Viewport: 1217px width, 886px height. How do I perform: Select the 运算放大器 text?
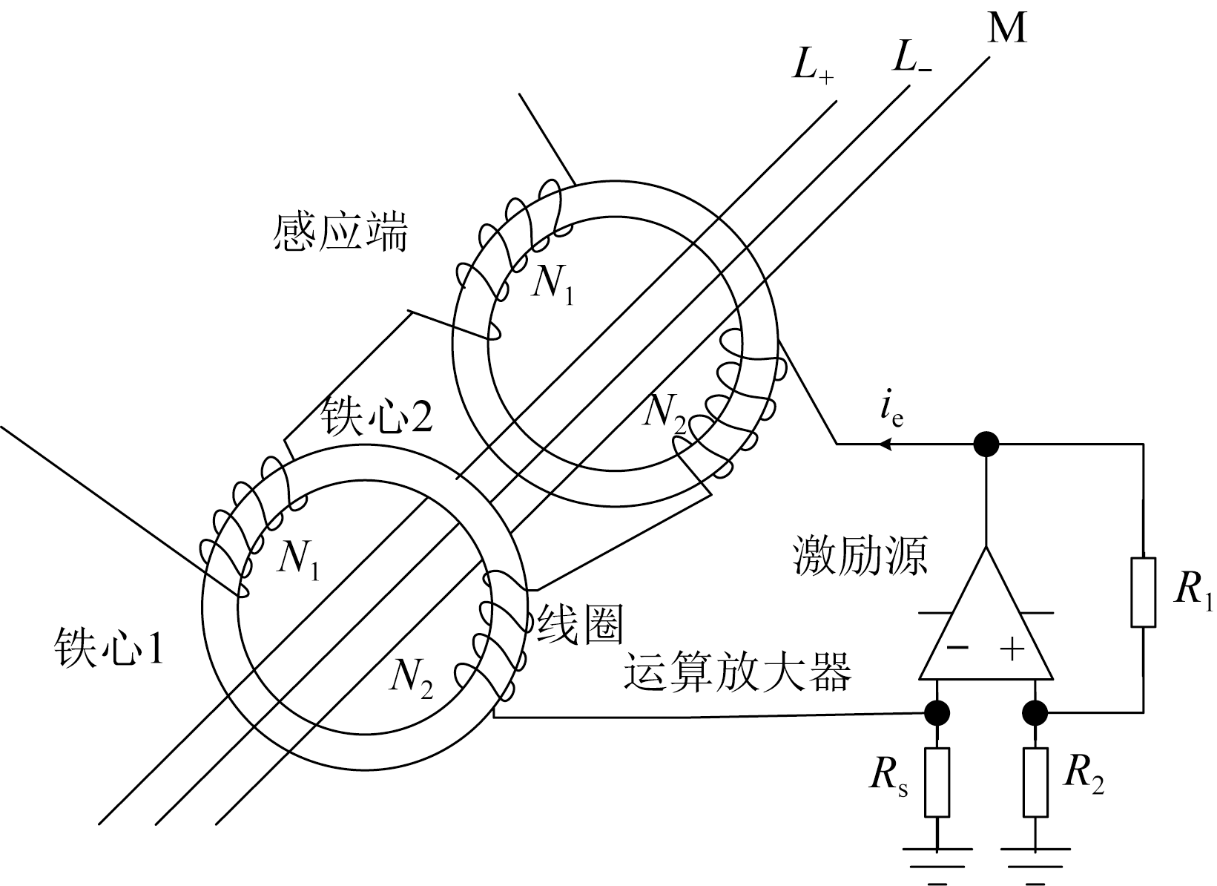click(736, 672)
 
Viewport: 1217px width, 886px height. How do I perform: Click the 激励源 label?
click(860, 557)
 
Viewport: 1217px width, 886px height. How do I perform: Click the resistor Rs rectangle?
click(937, 783)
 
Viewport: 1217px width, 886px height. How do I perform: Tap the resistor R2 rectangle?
click(1035, 783)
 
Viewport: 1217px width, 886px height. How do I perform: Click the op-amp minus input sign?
click(957, 648)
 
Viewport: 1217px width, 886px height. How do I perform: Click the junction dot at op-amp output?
click(986, 444)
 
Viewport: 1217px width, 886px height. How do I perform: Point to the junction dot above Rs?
click(937, 713)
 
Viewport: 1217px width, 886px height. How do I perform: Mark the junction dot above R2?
click(1035, 713)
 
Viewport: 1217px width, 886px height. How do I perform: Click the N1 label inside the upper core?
click(553, 285)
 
